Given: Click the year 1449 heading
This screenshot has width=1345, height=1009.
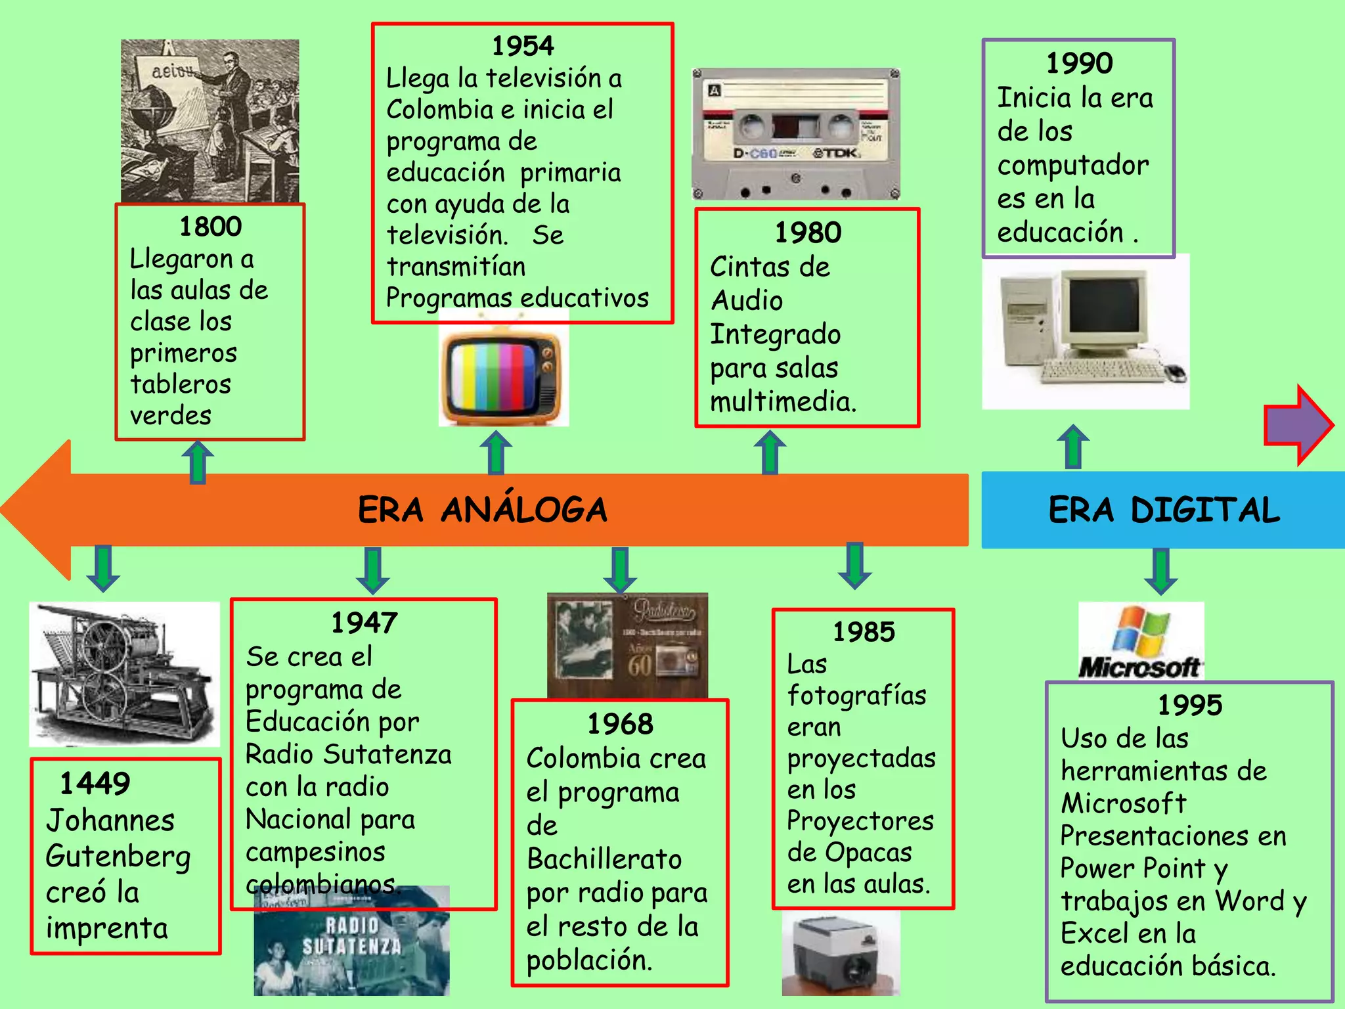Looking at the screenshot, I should (95, 783).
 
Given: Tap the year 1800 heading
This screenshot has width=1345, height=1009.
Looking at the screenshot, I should (211, 227).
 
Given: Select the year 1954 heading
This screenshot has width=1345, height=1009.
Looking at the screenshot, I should (523, 46).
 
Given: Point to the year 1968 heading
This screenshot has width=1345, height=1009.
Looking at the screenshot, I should (620, 724).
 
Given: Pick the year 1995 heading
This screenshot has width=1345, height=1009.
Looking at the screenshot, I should (1189, 705).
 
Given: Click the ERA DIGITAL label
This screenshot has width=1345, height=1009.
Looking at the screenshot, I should (1164, 510).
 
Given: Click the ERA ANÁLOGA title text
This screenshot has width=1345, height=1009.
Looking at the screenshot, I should (483, 510).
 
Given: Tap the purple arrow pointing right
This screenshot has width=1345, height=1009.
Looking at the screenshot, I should (1297, 426).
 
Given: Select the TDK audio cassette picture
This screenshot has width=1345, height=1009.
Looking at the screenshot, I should (796, 134).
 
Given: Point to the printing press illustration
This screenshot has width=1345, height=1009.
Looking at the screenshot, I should (124, 673).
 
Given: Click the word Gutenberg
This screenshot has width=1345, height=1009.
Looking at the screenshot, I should (118, 857).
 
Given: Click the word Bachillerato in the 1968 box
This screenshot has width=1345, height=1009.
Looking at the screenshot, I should (604, 859).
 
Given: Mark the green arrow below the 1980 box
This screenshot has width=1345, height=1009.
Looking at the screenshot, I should (770, 452).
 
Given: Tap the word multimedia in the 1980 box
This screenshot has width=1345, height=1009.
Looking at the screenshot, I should (783, 402).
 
